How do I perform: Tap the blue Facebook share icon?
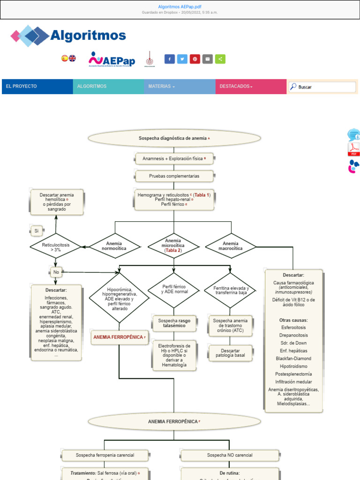pos(169,59)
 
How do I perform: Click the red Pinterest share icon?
pos(195,59)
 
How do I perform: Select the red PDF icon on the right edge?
pos(353,150)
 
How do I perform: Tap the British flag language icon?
pos(72,58)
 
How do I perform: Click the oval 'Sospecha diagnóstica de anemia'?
pos(174,138)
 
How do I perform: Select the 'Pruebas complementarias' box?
pos(174,176)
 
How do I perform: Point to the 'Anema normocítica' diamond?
pos(114,246)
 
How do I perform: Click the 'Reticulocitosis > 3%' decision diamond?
pos(55,247)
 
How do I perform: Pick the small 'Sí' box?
pos(37,231)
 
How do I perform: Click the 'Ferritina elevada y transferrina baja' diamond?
pos(231,290)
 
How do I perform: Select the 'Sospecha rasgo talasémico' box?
pos(174,323)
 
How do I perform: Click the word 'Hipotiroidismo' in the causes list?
pos(293,366)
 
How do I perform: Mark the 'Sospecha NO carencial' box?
pos(230,455)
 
